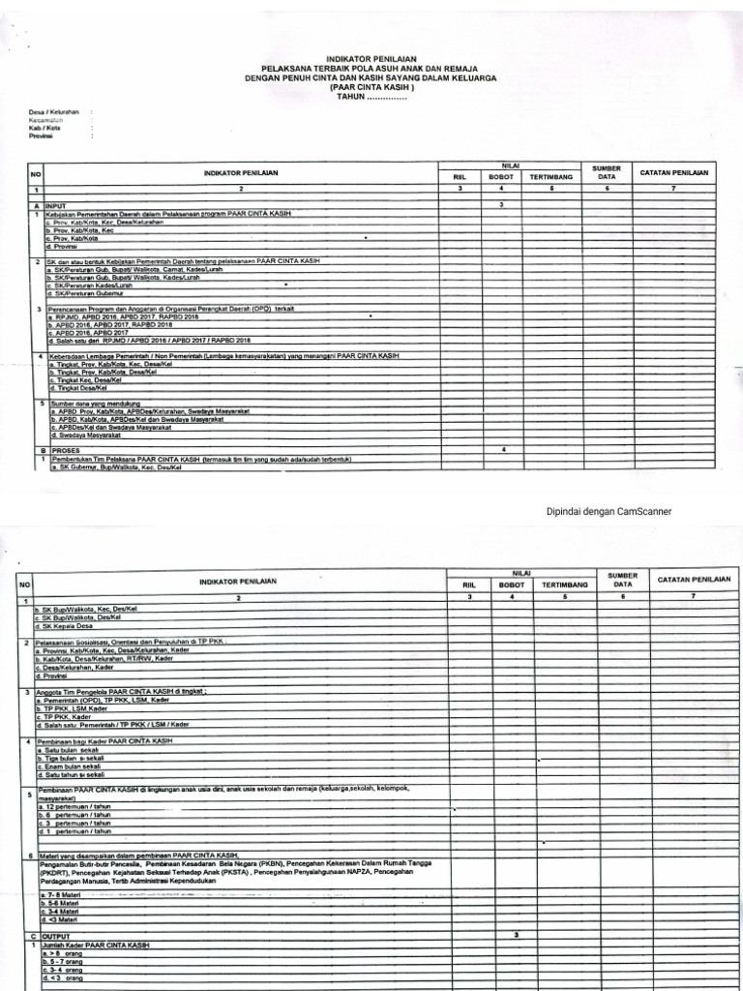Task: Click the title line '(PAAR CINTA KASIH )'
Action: coord(371,87)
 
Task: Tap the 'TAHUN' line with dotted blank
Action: coord(371,97)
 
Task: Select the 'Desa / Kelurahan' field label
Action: coord(53,112)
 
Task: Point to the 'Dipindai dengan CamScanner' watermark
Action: coord(609,512)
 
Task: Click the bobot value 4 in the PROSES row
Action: coord(503,450)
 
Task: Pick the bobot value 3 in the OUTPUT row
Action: coord(517,935)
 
